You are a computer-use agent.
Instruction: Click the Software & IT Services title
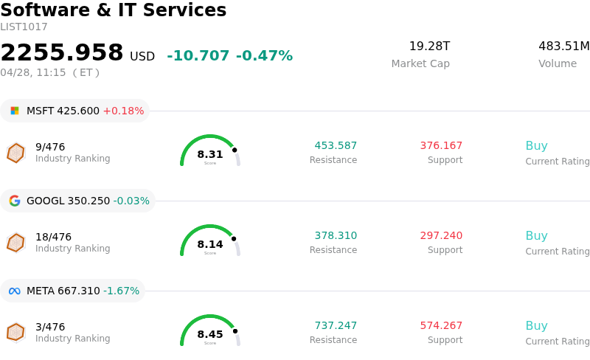(114, 10)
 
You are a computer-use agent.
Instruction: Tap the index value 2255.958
(62, 53)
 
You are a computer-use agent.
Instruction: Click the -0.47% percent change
(264, 56)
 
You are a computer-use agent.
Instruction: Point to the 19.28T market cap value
(429, 46)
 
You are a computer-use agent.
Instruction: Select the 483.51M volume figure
(563, 46)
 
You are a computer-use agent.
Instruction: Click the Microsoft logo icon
(15, 111)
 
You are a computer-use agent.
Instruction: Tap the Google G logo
(15, 201)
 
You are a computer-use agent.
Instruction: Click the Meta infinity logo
(15, 291)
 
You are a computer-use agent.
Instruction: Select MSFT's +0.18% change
(123, 111)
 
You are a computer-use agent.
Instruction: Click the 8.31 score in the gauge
(210, 154)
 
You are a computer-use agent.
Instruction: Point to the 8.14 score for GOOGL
(210, 244)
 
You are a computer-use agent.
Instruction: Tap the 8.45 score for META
(210, 334)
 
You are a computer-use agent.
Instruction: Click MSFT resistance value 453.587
(336, 145)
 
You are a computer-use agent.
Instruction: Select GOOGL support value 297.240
(441, 235)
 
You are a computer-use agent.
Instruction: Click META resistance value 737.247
(336, 325)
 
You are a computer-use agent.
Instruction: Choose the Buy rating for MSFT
(536, 145)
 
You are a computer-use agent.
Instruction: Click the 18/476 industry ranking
(53, 237)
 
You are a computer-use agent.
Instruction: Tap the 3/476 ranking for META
(50, 327)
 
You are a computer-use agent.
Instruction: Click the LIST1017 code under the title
(24, 27)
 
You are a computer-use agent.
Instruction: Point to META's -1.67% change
(121, 291)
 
